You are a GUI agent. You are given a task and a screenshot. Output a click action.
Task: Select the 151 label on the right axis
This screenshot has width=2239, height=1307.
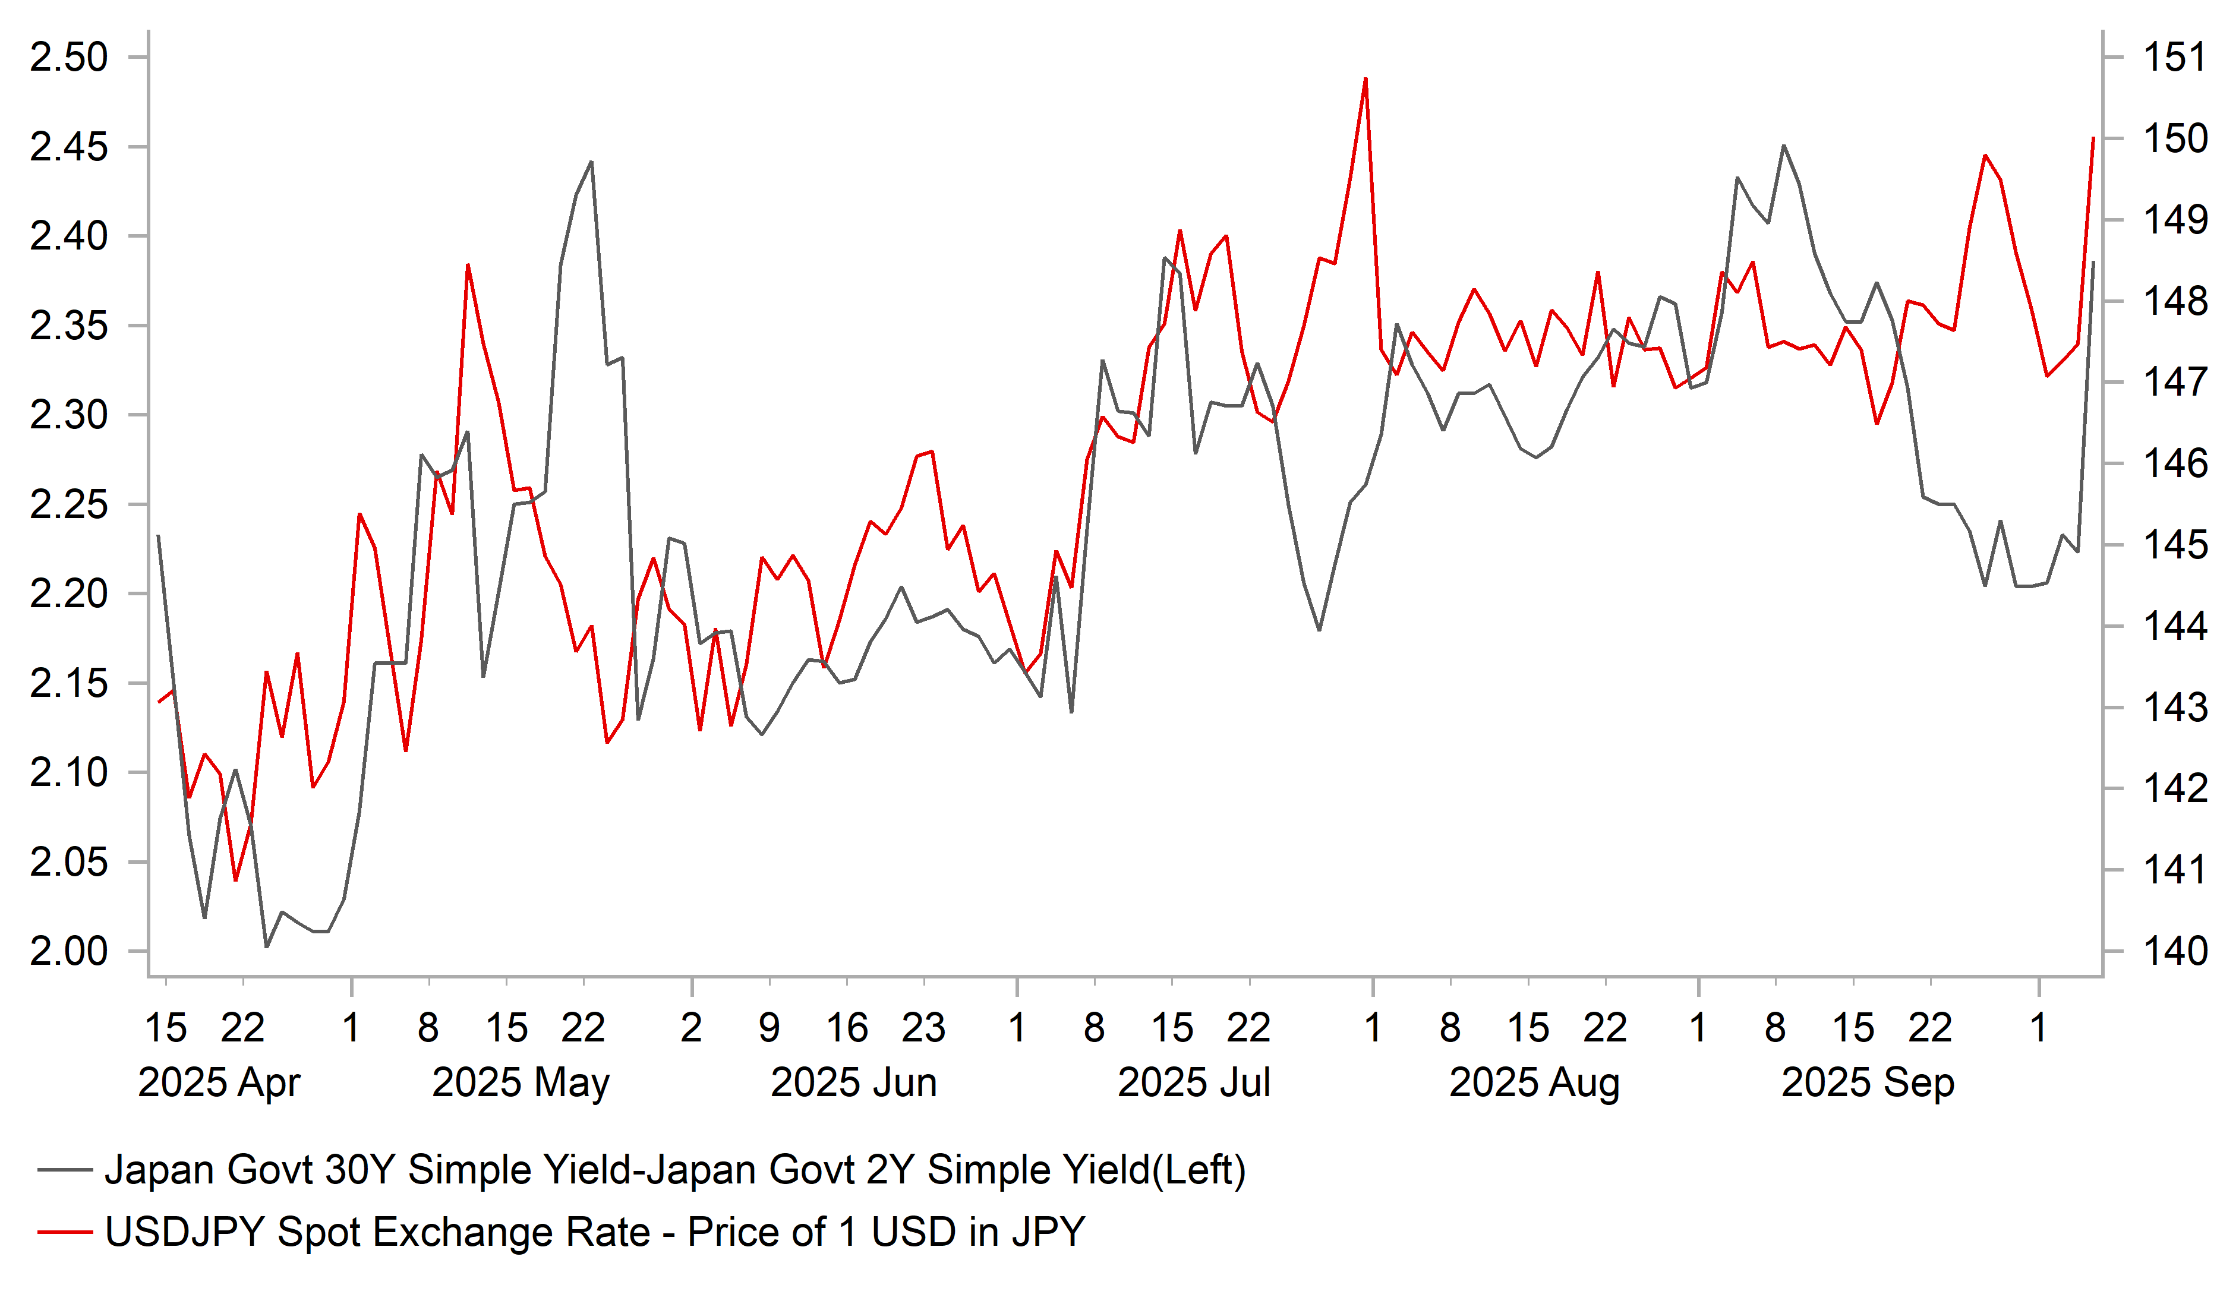point(2175,58)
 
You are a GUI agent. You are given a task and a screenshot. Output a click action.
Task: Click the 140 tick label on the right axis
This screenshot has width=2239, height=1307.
point(2175,952)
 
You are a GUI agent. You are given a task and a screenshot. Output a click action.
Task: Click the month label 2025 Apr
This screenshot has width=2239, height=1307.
point(219,1083)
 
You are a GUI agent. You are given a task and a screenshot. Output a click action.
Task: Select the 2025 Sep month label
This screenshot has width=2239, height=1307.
point(1868,1083)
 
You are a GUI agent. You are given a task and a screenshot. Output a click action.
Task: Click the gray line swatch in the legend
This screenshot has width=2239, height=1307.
point(65,1170)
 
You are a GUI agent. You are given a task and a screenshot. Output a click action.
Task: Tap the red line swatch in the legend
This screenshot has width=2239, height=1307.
point(65,1232)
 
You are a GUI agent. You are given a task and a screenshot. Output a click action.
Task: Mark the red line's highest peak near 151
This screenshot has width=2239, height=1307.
point(1366,79)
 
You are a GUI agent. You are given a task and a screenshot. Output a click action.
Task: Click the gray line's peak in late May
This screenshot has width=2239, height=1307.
point(592,163)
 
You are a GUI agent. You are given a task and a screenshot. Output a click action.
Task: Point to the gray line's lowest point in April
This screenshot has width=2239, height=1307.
point(267,947)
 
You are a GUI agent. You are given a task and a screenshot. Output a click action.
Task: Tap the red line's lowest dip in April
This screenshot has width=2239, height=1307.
point(235,880)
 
